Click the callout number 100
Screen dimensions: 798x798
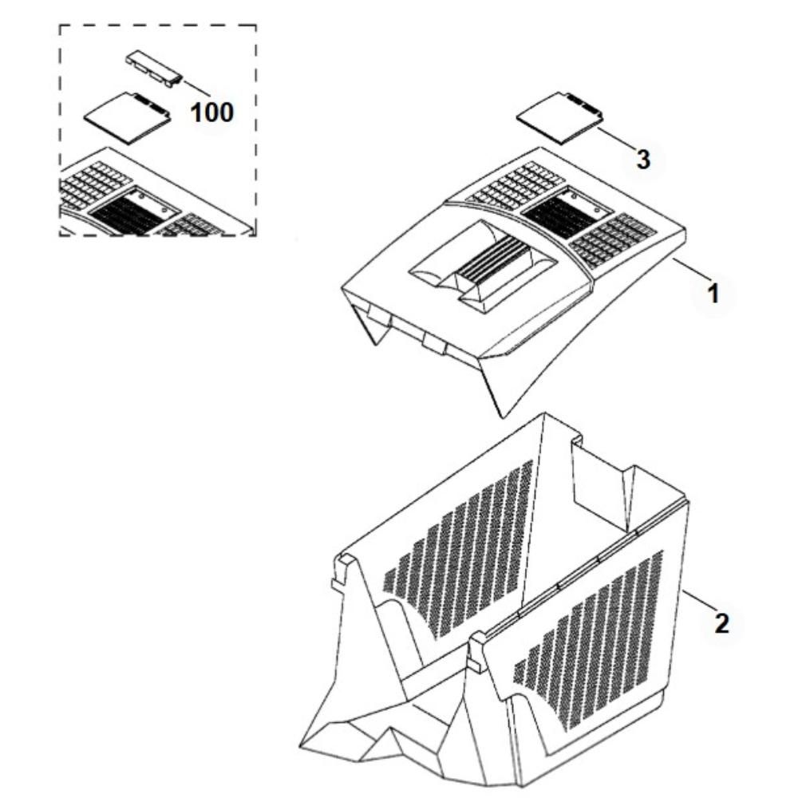tap(211, 113)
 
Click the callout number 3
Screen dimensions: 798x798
tap(643, 160)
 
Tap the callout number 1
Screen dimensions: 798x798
tap(713, 294)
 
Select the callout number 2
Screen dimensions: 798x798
tap(721, 623)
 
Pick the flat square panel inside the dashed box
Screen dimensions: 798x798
tap(127, 118)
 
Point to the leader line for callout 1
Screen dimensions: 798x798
tap(691, 269)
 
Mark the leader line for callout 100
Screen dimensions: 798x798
tap(196, 88)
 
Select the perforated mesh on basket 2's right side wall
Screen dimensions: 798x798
tap(588, 638)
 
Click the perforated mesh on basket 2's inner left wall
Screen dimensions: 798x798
tap(458, 547)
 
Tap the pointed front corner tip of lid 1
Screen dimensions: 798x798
tap(502, 417)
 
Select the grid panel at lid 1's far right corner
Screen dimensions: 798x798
tap(613, 240)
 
